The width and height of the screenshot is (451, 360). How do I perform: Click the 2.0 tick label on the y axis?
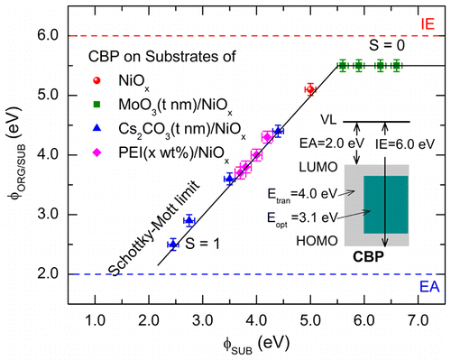click(51, 274)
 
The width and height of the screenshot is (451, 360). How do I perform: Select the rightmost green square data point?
click(397, 66)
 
